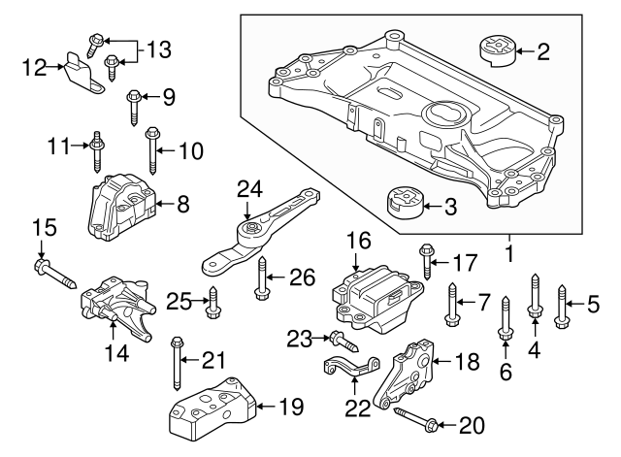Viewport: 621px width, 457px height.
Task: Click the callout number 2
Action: click(x=542, y=51)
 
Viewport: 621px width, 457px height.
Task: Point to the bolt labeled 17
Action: click(x=427, y=260)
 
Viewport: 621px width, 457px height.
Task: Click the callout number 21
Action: click(x=213, y=361)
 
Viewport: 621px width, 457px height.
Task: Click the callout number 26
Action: click(x=303, y=278)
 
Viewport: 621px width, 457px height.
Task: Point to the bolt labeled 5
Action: click(x=562, y=301)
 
